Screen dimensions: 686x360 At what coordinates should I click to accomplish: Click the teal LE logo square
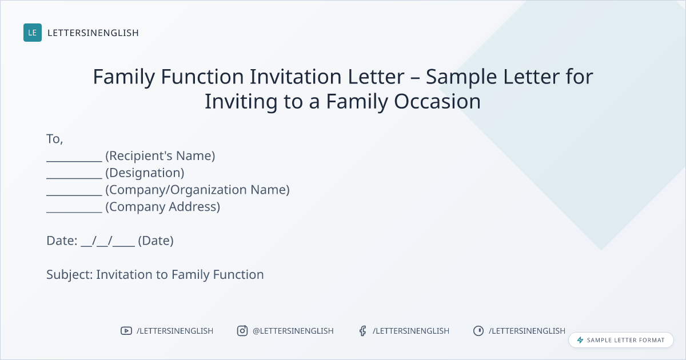click(x=33, y=33)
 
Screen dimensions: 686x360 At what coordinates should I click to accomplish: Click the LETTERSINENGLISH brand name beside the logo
click(x=93, y=33)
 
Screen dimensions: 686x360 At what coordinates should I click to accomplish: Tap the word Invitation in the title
click(x=296, y=76)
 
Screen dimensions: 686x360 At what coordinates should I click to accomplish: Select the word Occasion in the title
click(x=437, y=101)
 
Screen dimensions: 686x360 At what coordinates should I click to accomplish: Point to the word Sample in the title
click(x=461, y=77)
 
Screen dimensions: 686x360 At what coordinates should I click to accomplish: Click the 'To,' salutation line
click(x=54, y=139)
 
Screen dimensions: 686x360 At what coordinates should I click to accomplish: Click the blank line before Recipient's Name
click(x=74, y=161)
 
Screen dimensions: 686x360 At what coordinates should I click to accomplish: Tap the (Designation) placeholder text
click(x=145, y=173)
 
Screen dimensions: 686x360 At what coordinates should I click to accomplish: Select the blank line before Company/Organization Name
click(x=74, y=195)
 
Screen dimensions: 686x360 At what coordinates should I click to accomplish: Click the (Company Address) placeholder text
click(x=162, y=207)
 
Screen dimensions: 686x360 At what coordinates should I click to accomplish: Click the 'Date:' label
click(x=62, y=241)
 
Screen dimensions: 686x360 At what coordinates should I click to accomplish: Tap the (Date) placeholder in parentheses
click(x=155, y=241)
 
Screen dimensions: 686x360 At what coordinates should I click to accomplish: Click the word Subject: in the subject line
click(x=70, y=275)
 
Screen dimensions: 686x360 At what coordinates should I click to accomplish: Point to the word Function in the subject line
click(x=238, y=275)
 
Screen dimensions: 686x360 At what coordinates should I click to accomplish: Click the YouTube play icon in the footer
click(x=126, y=331)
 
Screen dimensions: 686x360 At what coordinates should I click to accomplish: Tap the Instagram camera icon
click(x=242, y=331)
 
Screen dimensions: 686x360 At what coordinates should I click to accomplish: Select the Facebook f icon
click(x=363, y=331)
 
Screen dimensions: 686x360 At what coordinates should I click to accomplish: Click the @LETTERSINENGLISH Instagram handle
click(x=293, y=331)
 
